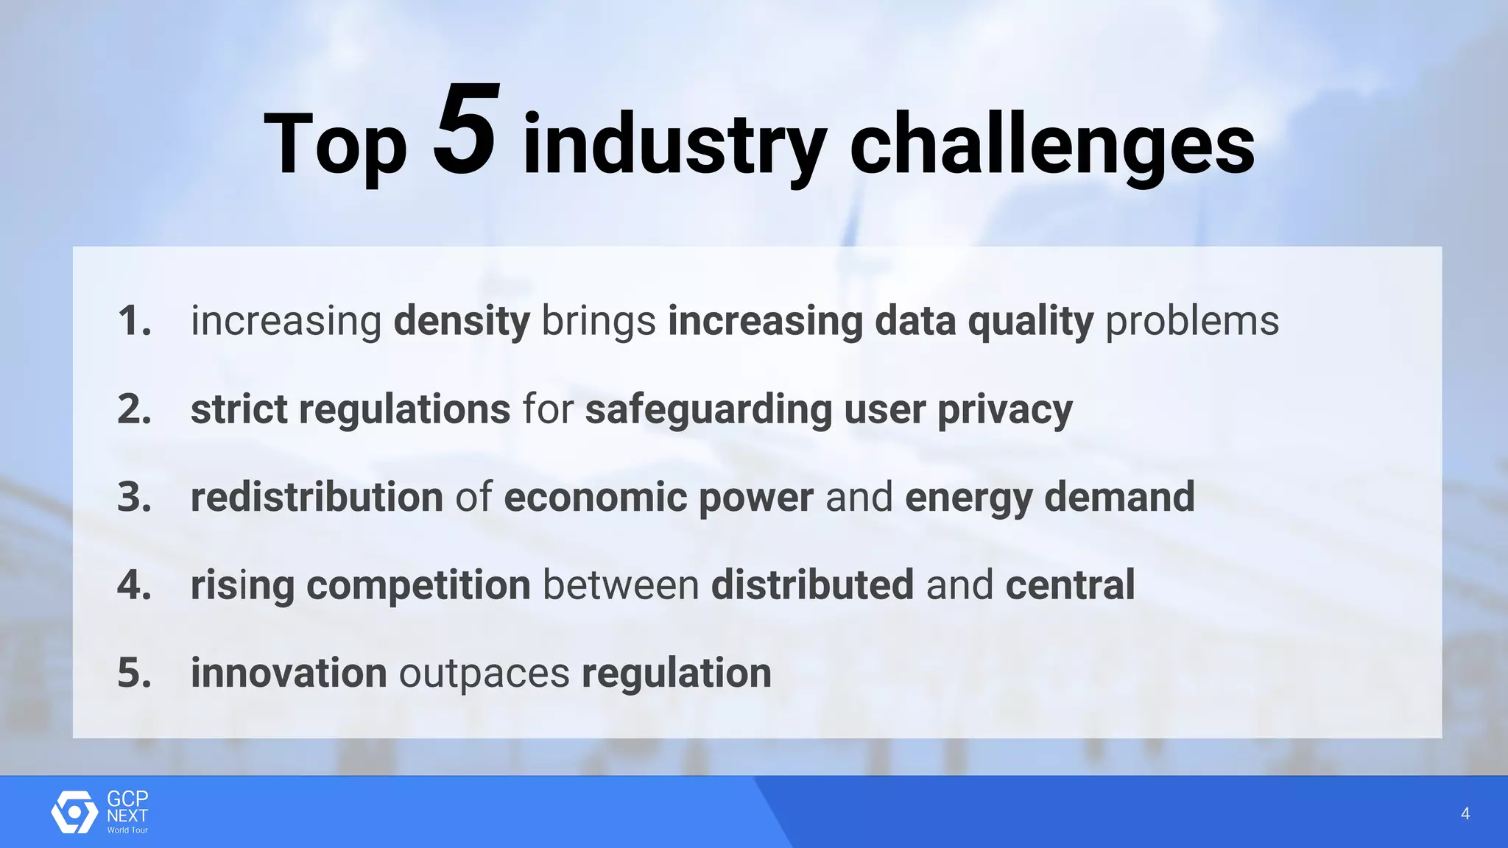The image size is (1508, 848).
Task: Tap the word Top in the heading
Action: point(335,145)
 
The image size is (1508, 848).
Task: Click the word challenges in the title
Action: point(1052,145)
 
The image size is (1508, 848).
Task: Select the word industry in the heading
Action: point(674,145)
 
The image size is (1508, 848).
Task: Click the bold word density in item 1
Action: point(462,322)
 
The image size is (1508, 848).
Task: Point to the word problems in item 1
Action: point(1192,322)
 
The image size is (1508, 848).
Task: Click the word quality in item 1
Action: point(1030,322)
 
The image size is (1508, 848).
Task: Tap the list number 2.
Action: point(134,409)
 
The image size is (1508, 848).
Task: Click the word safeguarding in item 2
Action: point(708,409)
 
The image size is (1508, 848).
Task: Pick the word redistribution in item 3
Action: point(317,497)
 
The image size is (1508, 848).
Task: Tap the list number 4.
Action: point(134,585)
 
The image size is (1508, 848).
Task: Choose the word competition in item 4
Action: point(418,586)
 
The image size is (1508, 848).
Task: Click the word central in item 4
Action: point(1070,585)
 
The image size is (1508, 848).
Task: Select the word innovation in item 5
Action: point(289,673)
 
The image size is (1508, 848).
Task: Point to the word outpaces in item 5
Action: point(484,674)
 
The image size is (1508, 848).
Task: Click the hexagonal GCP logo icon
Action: point(74,812)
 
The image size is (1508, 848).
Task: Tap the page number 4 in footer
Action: point(1465,813)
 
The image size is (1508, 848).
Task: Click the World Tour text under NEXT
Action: point(127,830)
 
